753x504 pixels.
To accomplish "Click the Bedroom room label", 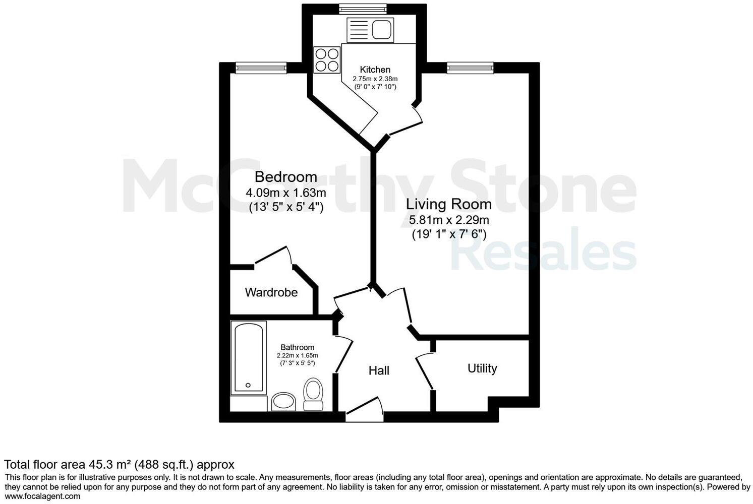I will click(x=285, y=177).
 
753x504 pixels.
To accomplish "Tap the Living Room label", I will click(x=448, y=204).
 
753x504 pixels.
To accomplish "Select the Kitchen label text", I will click(x=375, y=70).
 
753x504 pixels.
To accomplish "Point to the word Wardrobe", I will click(x=271, y=292).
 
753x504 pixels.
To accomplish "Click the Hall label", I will click(x=379, y=371).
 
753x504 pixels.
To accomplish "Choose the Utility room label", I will click(x=482, y=368).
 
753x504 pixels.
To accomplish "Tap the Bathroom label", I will click(x=298, y=347).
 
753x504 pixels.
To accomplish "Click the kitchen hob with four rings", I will click(x=327, y=59).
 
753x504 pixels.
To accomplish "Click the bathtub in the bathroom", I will click(x=248, y=358).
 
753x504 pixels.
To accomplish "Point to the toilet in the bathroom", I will click(x=314, y=395).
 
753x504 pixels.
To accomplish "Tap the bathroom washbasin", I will click(x=284, y=402).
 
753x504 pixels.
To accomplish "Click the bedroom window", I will click(x=261, y=68).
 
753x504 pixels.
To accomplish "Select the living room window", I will click(x=470, y=68).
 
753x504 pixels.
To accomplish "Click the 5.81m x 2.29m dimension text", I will click(x=448, y=220).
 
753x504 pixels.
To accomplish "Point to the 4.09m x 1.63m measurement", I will click(x=285, y=193).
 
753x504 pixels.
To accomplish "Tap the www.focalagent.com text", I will click(x=42, y=496).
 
